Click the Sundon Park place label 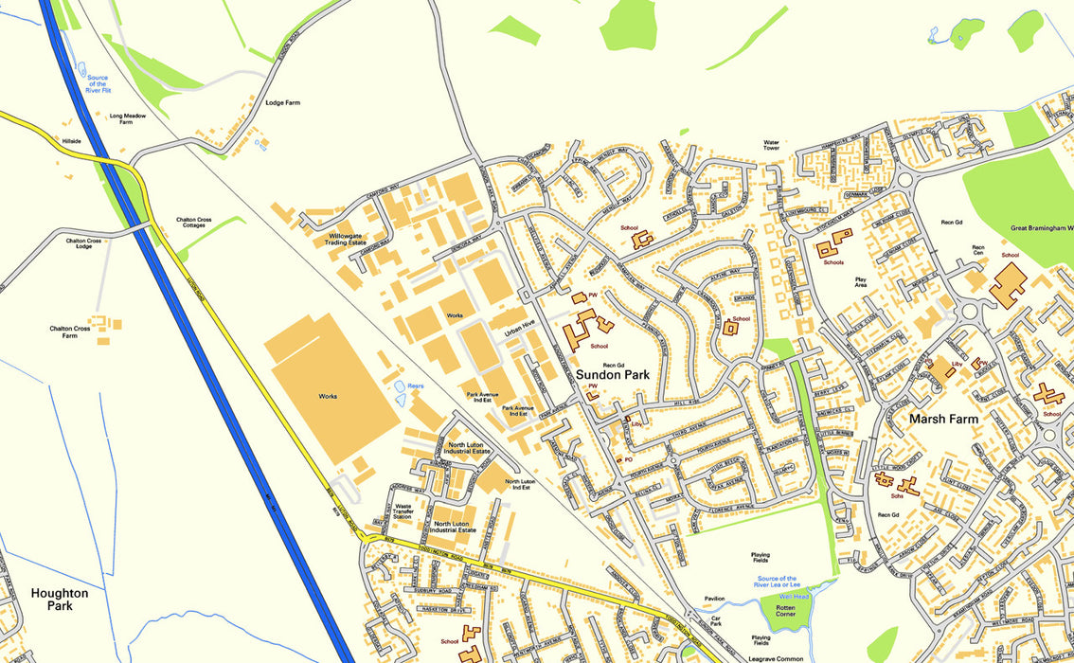point(613,375)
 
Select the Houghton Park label point(60,599)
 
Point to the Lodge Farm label point(282,102)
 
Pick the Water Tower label point(772,145)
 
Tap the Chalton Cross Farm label point(70,332)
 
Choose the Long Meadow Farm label point(127,118)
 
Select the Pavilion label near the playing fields point(714,599)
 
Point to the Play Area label point(861,283)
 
